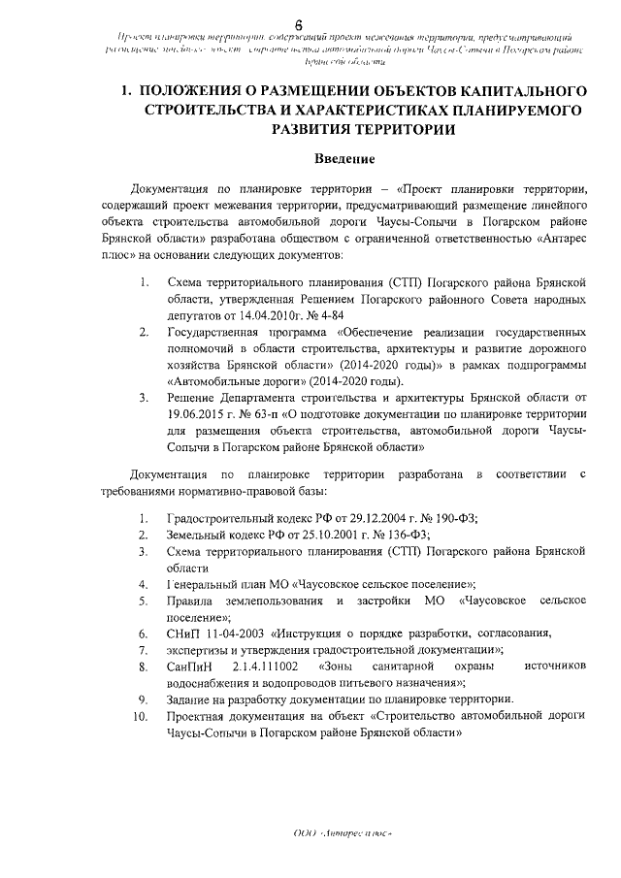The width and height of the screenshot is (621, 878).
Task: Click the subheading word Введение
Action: click(x=343, y=158)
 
